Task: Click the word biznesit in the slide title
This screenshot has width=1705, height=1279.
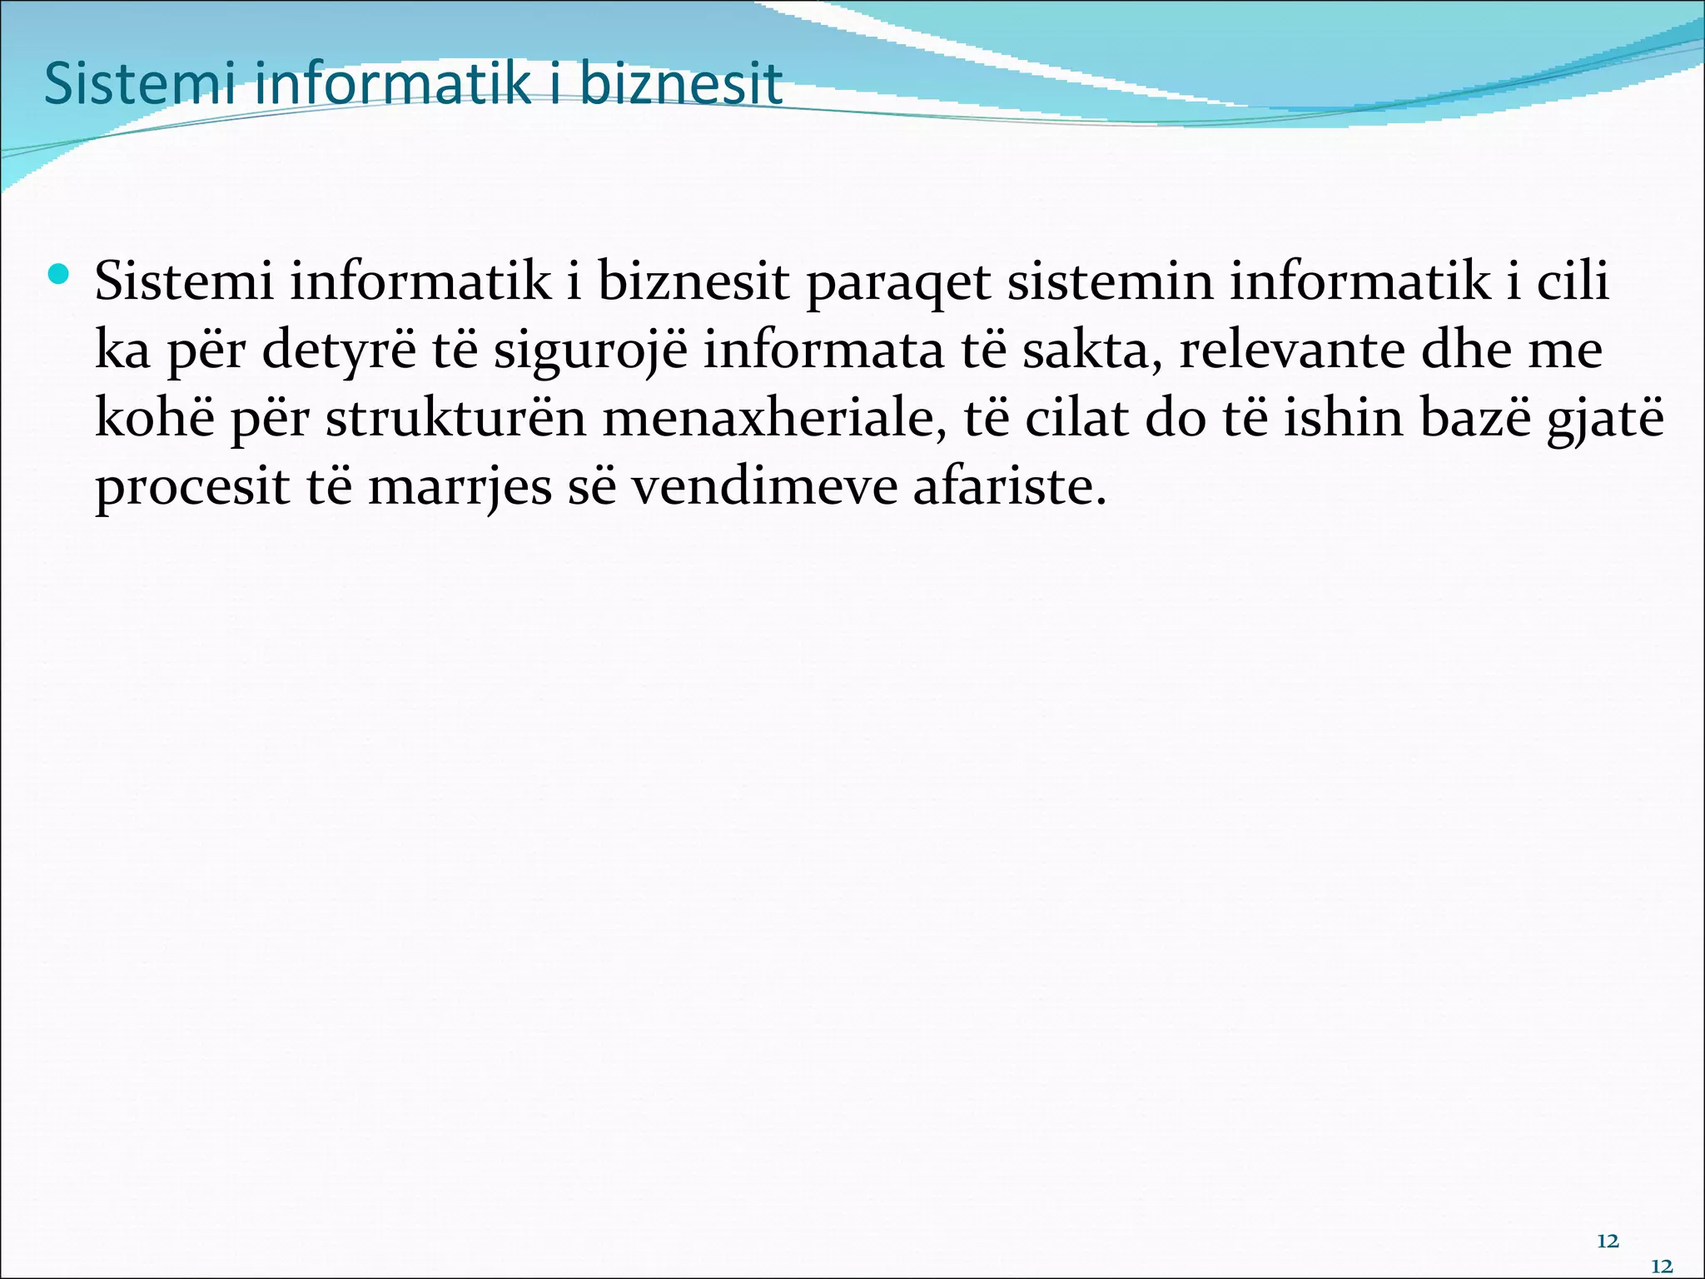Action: (680, 84)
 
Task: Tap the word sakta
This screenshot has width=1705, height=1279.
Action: (1091, 351)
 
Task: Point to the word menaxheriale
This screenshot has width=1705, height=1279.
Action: (774, 418)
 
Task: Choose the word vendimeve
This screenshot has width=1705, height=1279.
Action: (763, 486)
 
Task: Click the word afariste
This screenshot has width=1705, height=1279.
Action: (1010, 486)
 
